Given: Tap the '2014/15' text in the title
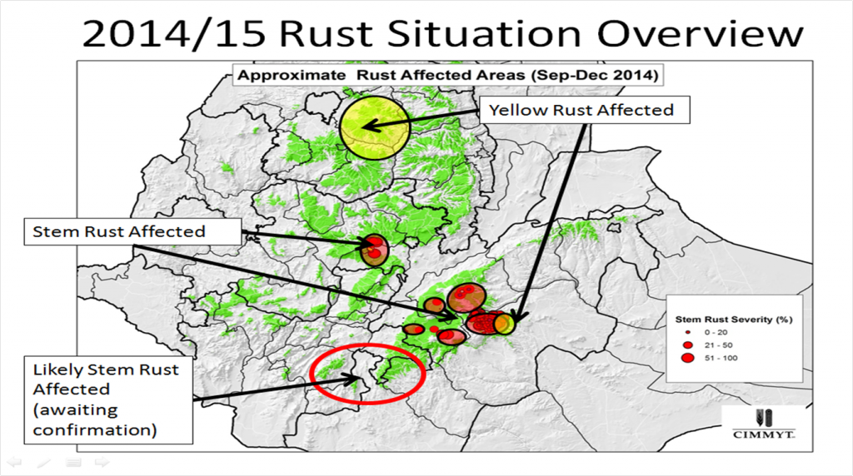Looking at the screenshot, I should coord(176,34).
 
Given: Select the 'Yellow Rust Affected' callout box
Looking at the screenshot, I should coord(581,110).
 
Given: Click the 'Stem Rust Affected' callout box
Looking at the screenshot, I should coord(118,231).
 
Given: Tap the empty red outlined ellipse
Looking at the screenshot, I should coord(367,374).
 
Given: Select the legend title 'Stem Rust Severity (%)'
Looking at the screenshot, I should coord(732,319).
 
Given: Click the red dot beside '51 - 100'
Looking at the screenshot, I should coord(687,358).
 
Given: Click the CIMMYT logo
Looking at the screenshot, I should coord(761,424).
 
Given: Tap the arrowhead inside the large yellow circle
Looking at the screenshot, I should coord(367,127).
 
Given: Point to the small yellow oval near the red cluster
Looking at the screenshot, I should coord(504,324).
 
